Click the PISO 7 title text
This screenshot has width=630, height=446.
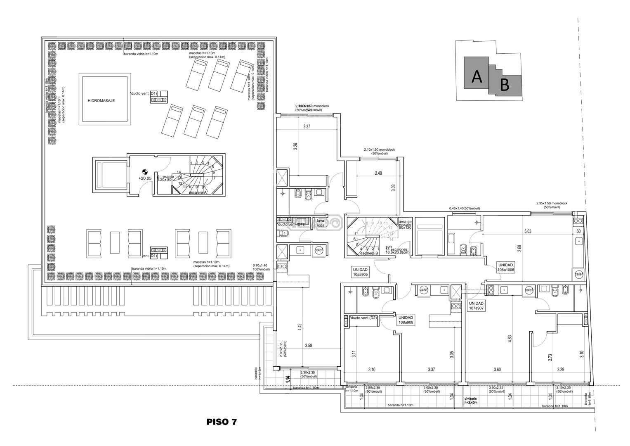[222, 422]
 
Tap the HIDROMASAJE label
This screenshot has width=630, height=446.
[101, 100]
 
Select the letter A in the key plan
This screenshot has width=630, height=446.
[477, 77]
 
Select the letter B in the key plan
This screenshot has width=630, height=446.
[504, 85]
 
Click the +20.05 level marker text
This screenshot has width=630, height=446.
[145, 178]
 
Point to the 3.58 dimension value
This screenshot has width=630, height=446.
[308, 346]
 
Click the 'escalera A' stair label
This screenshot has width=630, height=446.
[197, 193]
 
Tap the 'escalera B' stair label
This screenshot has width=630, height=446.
[369, 253]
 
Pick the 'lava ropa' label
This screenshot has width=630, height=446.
[321, 223]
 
